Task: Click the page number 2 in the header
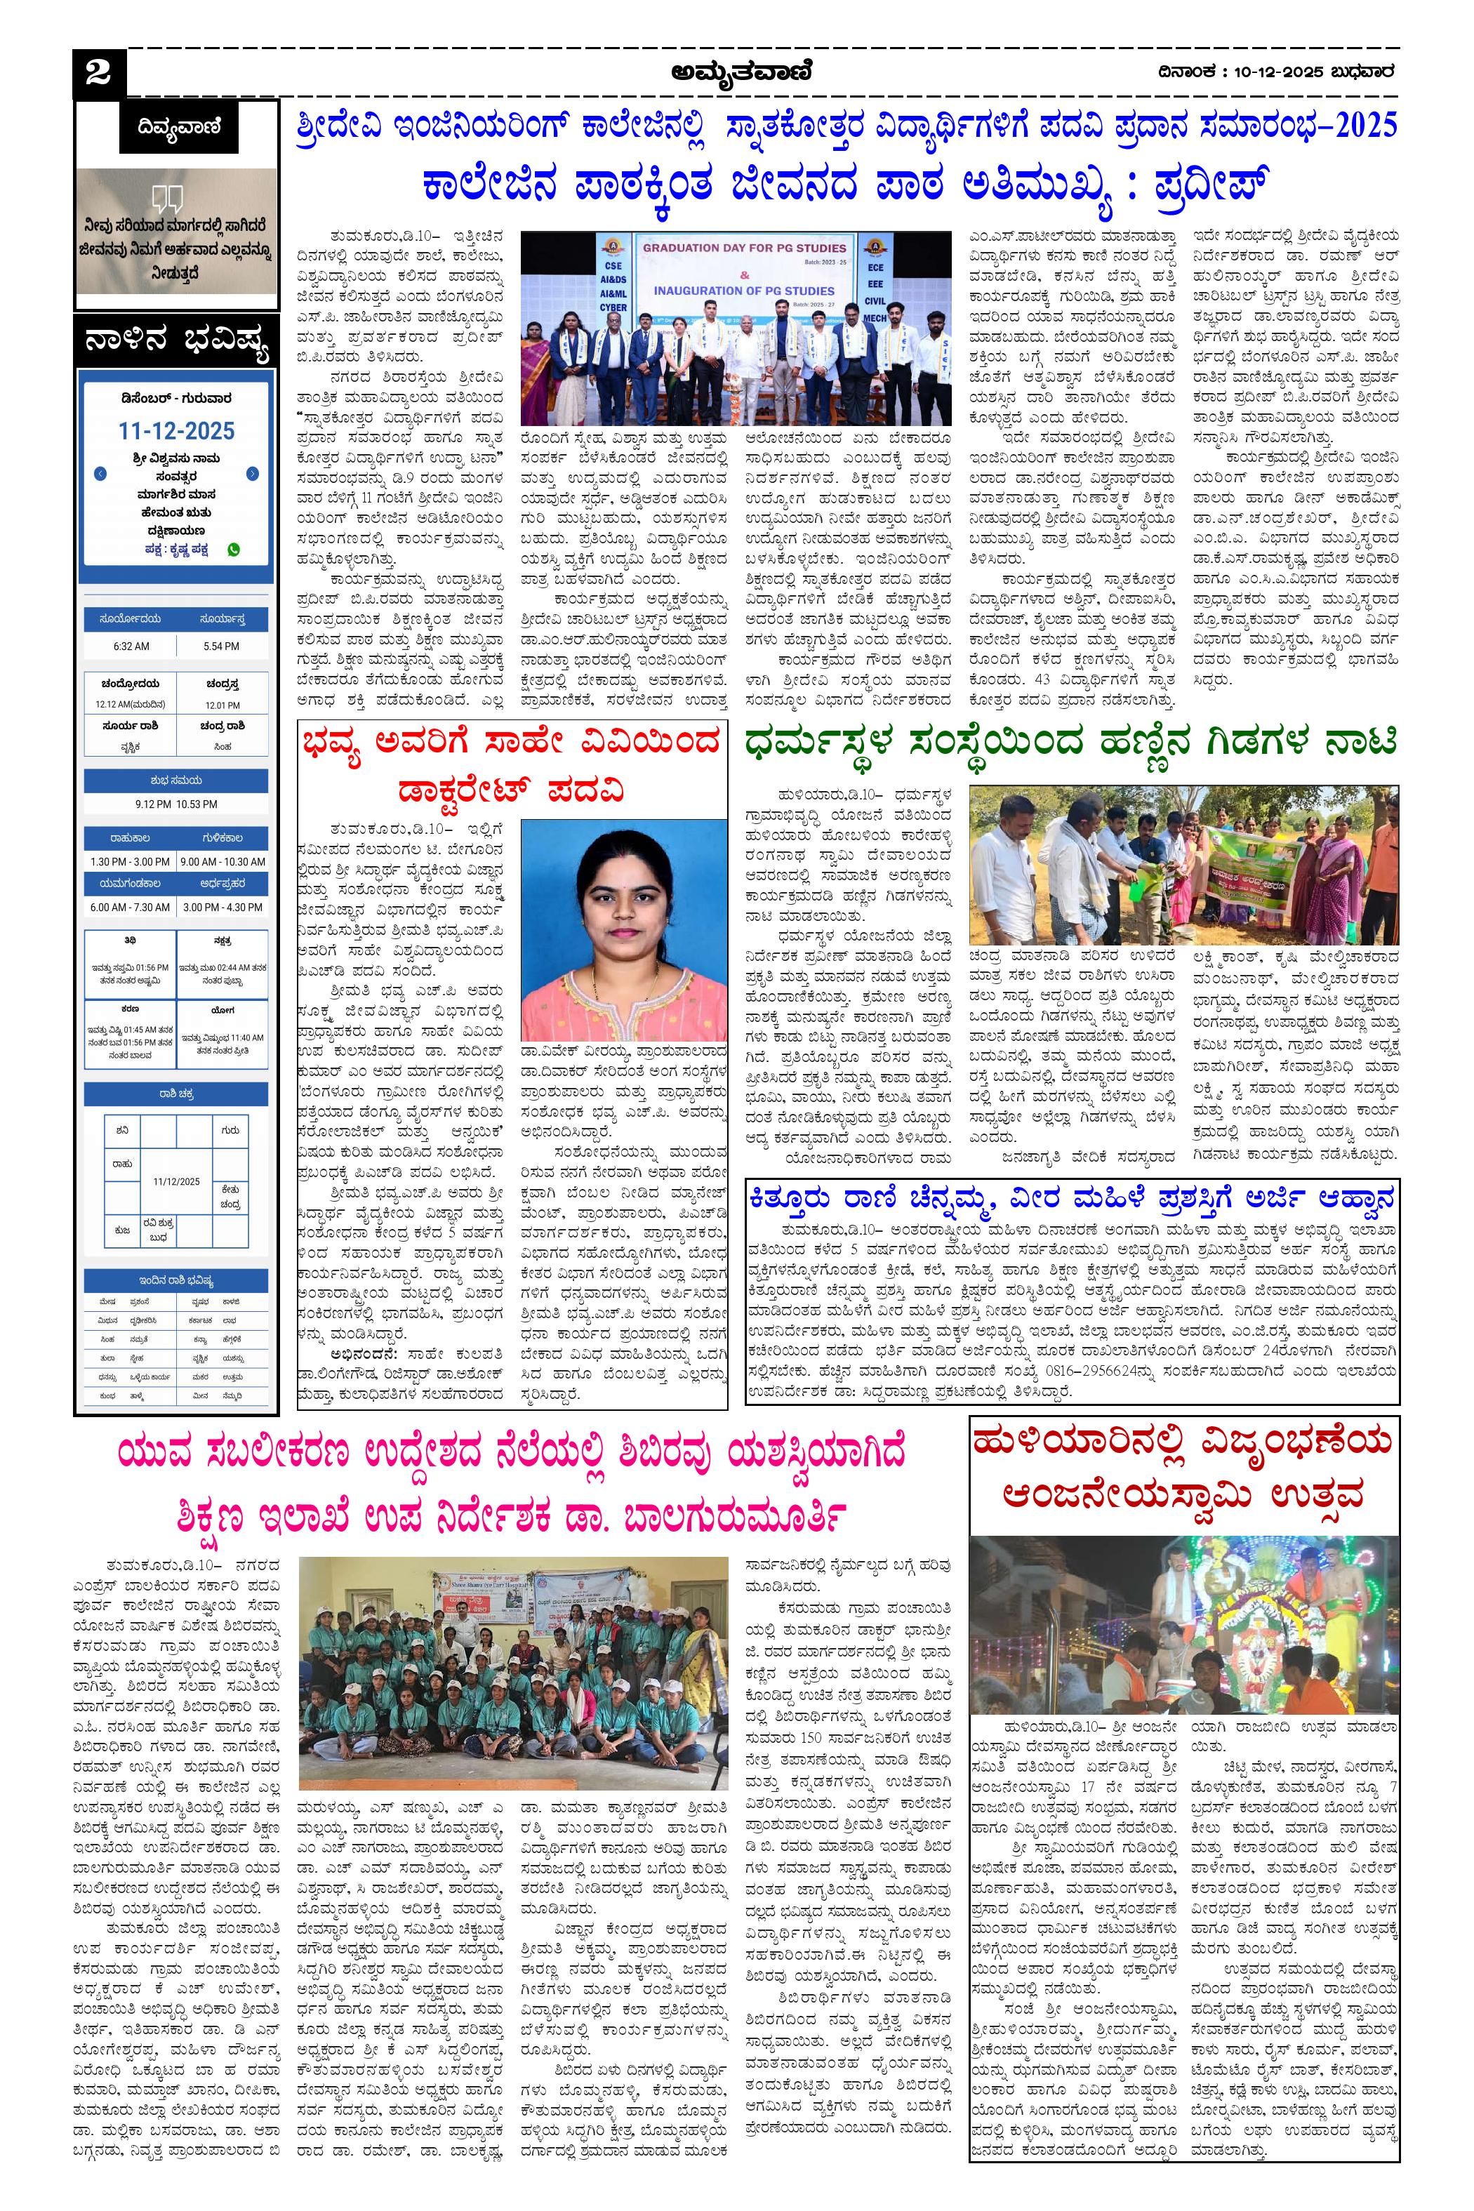97,73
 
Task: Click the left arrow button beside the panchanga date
100,474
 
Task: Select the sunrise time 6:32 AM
131,646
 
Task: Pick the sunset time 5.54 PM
222,646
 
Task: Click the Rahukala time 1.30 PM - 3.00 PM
130,861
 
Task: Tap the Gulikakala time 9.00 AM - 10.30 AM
222,861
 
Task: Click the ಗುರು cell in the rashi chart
230,1131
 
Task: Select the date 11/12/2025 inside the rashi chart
177,1181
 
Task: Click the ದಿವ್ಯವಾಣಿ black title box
178,126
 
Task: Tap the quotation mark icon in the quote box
166,199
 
